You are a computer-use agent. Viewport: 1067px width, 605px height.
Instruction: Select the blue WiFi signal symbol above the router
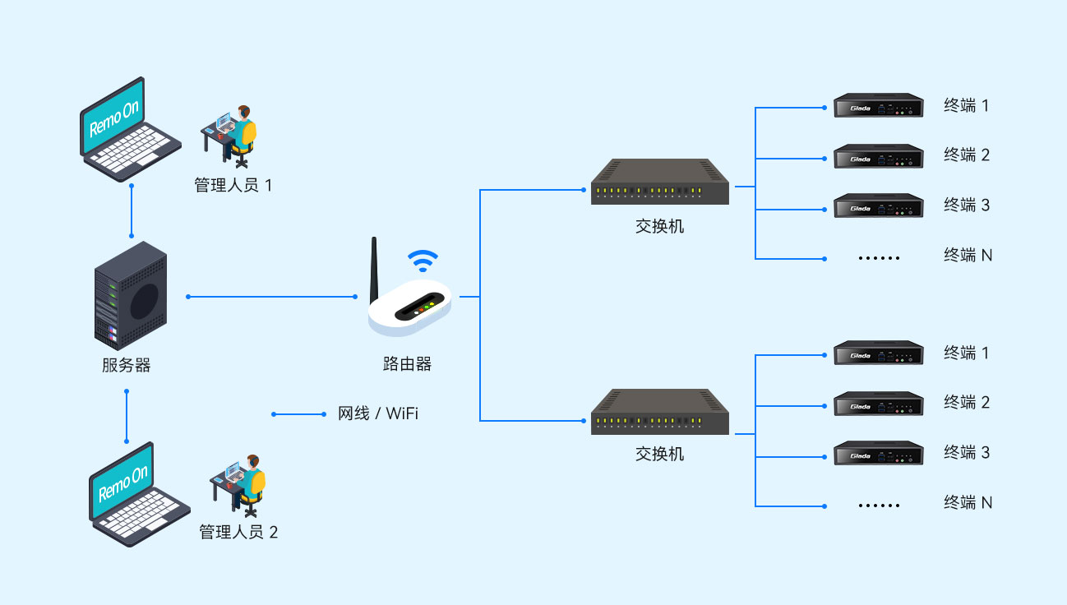coord(423,260)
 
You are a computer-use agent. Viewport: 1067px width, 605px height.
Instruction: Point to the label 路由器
coord(407,364)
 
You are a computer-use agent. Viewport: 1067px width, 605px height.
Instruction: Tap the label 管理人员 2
coord(238,533)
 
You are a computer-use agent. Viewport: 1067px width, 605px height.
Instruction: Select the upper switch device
coord(660,182)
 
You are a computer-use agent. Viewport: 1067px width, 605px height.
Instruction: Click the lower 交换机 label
coord(659,454)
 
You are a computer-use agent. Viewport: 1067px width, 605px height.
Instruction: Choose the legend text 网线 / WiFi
coord(378,413)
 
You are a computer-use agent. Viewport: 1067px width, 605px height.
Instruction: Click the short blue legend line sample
coord(299,414)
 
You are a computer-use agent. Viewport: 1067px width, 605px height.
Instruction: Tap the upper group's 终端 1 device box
coord(878,106)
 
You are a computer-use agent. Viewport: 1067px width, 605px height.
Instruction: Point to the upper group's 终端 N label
coord(968,256)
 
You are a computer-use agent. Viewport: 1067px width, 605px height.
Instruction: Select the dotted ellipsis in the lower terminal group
coord(879,505)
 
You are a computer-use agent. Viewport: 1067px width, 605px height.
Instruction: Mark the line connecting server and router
coord(272,296)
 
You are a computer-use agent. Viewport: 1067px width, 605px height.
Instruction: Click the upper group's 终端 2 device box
coord(878,157)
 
